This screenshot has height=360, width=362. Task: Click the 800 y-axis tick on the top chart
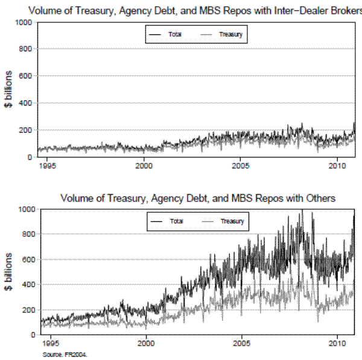(x=25, y=49)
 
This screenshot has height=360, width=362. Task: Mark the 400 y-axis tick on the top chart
(x=25, y=103)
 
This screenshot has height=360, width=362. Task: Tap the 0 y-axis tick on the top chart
(x=30, y=157)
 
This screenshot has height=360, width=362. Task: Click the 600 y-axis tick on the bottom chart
(x=25, y=259)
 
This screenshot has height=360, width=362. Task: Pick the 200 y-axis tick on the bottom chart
(x=25, y=309)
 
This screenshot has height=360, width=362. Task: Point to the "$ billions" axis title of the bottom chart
(x=9, y=272)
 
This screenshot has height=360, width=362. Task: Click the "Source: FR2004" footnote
(x=65, y=355)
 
